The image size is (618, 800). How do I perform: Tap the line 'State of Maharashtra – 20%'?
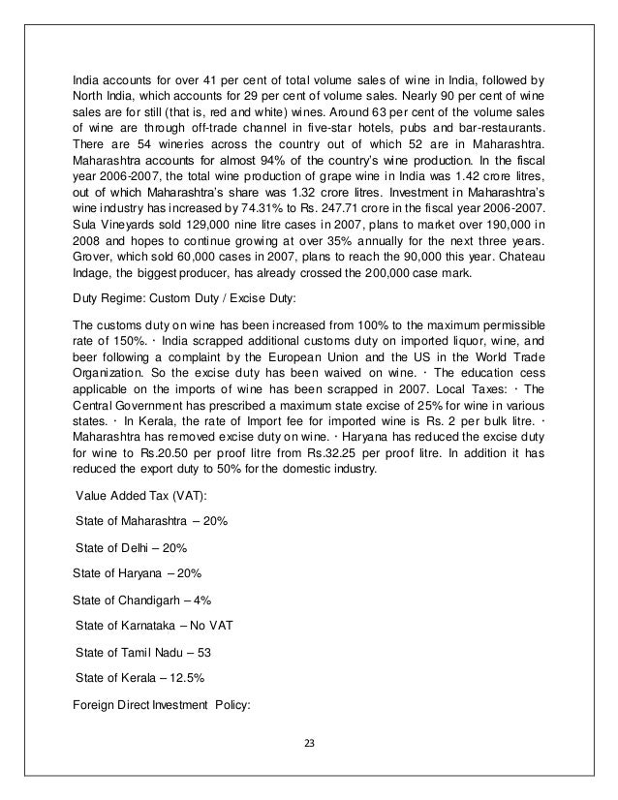(151, 522)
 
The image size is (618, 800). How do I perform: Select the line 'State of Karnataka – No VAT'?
(152, 625)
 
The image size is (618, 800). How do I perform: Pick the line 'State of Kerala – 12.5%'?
(139, 675)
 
